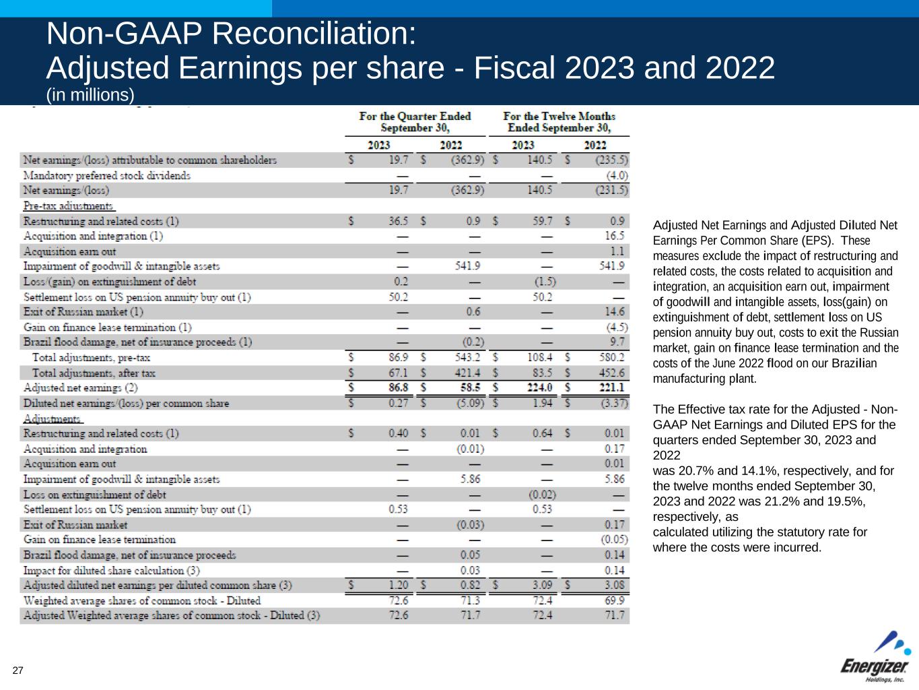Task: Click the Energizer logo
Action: (875, 657)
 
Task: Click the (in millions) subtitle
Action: (90, 95)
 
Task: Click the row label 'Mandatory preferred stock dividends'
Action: (107, 175)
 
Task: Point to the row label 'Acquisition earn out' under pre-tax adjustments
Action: (69, 251)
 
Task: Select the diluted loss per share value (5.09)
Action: (469, 403)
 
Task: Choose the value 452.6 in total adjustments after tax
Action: (612, 373)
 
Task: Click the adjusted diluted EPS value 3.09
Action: (543, 586)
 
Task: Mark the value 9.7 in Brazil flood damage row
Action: (617, 342)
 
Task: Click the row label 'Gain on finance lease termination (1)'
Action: (107, 327)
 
